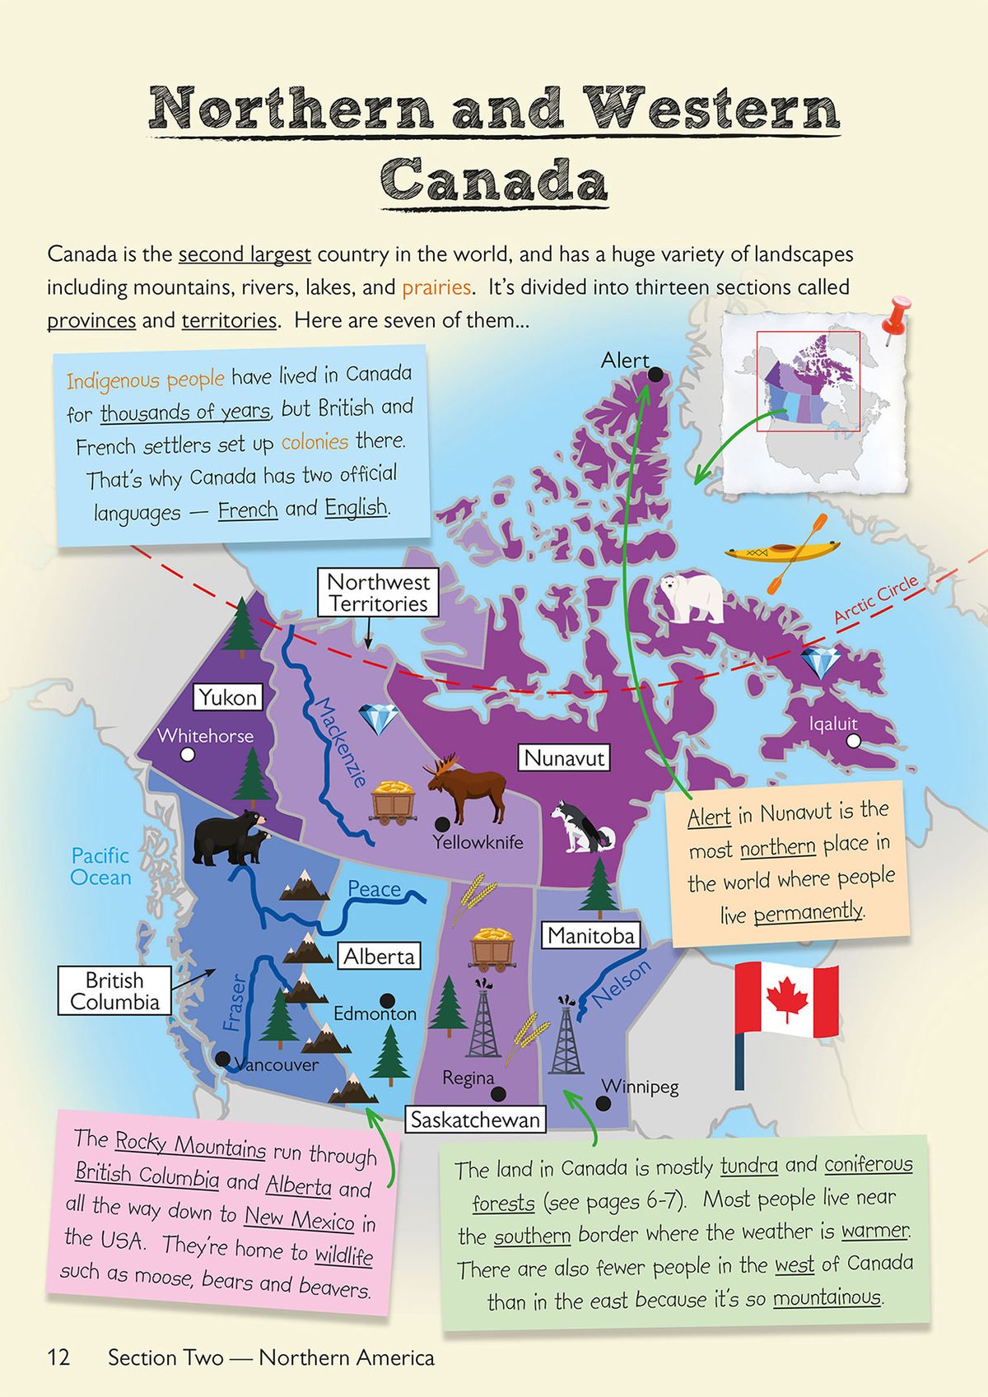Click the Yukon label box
tap(228, 697)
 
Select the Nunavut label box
tap(564, 757)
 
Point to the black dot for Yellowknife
tap(442, 823)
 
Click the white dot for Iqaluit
tap(853, 741)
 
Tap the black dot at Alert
tap(655, 375)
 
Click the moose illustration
tap(465, 790)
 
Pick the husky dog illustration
tap(581, 827)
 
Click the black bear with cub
tap(229, 837)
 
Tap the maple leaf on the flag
tap(785, 999)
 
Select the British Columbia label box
tap(114, 991)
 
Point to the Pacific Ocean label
tap(100, 867)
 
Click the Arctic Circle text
tap(874, 600)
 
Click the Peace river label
tap(374, 889)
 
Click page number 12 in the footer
tap(58, 1357)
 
